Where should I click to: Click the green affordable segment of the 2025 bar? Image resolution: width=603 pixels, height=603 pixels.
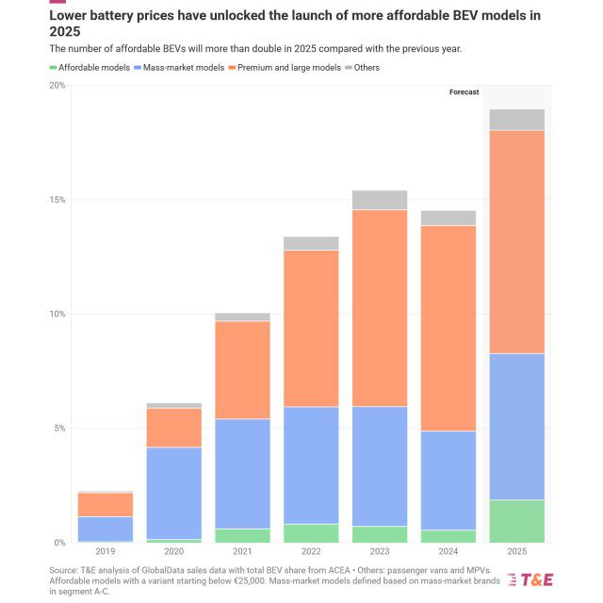(x=516, y=521)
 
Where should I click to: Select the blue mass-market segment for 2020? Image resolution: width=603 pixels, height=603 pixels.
(x=174, y=493)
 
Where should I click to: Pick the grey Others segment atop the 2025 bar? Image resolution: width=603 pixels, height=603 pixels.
(x=516, y=120)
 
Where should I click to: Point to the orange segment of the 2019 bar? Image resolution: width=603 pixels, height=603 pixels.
(x=106, y=505)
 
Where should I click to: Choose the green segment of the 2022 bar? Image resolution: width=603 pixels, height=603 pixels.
(x=311, y=533)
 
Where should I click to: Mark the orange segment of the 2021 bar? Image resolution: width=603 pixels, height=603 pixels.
(x=243, y=370)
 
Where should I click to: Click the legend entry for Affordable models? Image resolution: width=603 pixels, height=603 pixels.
(x=93, y=68)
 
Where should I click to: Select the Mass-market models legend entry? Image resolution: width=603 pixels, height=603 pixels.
(x=181, y=68)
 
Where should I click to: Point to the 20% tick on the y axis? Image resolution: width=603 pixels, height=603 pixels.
(x=57, y=86)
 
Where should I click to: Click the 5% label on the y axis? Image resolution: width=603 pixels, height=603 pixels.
(x=58, y=429)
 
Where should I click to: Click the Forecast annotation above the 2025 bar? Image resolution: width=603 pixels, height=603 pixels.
(x=464, y=92)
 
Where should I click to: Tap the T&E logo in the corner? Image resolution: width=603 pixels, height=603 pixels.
(x=530, y=579)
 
